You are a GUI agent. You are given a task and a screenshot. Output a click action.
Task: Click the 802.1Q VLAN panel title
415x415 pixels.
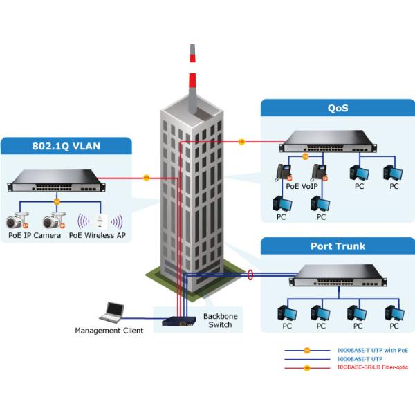[x=66, y=147]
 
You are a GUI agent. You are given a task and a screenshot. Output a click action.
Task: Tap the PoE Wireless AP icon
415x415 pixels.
[x=100, y=221]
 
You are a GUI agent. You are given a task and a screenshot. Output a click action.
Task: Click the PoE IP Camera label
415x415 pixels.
[x=33, y=235]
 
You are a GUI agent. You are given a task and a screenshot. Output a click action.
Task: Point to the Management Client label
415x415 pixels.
[x=109, y=331]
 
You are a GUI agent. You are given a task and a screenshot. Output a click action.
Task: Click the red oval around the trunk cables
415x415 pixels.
[x=250, y=276]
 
